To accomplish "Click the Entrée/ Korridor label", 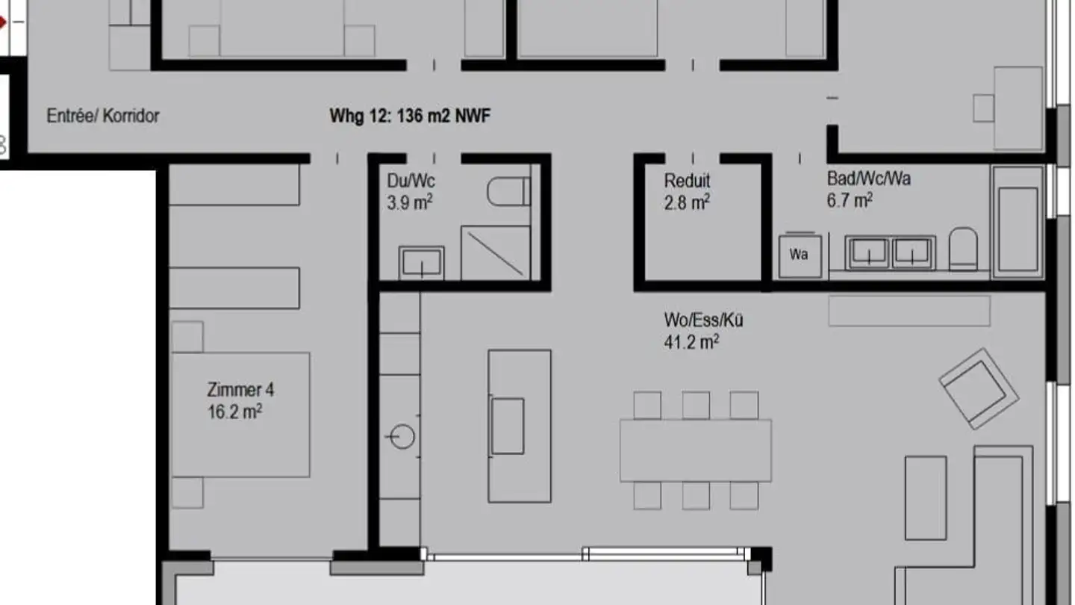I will pos(103,116).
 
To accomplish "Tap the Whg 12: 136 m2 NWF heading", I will pos(410,116).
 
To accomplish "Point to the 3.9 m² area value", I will pos(410,202).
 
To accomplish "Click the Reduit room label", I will pos(687,181).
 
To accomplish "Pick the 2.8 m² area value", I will pos(687,202).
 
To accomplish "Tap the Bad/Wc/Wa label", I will pos(868,179).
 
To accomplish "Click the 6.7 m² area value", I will pos(850,200).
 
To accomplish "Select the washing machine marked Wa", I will pos(799,255).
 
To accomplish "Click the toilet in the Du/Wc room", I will pos(508,192).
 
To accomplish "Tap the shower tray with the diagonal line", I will pos(495,252).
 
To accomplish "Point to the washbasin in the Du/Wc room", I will pos(421,262).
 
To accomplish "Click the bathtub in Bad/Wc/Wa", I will pos(1017,222).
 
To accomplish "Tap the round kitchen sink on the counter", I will pos(402,436).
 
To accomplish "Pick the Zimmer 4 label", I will pos(240,390).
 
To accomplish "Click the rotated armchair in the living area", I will pos(979,389).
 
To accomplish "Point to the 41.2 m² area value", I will pos(691,342).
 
